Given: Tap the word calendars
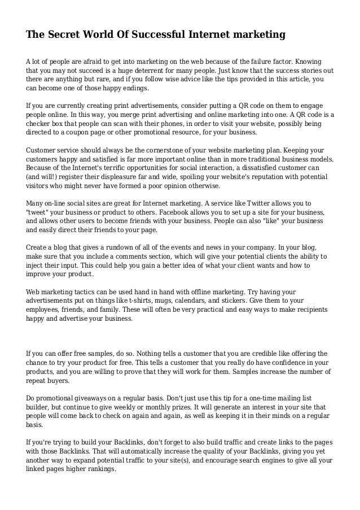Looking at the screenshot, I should tap(210, 300).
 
